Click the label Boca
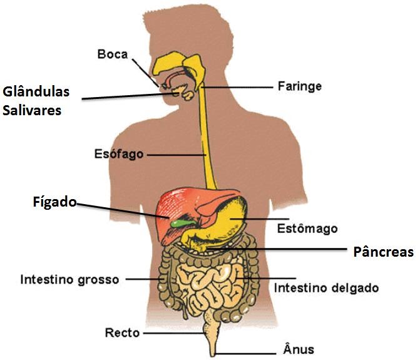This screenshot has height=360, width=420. coord(112,54)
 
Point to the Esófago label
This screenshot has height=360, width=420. coord(118,153)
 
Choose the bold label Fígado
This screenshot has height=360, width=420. coord(54,202)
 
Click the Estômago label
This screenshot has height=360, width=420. coord(307,228)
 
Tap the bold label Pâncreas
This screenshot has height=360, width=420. coord(384,252)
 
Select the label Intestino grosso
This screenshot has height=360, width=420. coord(69,279)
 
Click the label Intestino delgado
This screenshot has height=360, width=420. coord(326,288)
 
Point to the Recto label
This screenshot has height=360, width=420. coord(122,332)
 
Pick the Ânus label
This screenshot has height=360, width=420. coord(299,349)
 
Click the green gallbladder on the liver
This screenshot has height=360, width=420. coord(179,221)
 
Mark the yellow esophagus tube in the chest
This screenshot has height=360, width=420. coord(206,138)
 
